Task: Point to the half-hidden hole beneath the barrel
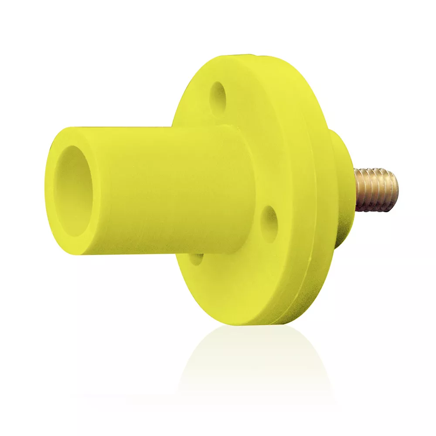197,258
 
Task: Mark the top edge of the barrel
153,128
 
